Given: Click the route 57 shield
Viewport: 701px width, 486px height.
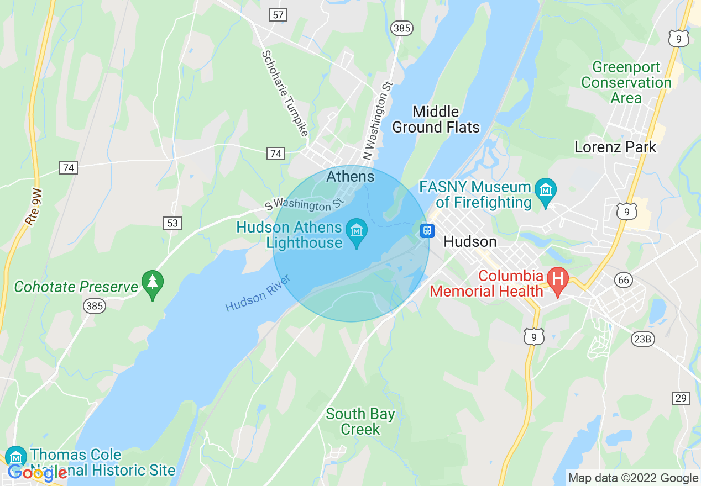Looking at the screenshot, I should click(x=278, y=15).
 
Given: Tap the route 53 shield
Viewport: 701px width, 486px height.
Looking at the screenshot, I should click(x=172, y=223).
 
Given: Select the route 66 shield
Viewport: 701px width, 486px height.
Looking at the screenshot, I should click(x=624, y=280).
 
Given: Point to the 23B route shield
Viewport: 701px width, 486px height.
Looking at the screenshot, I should click(x=642, y=339).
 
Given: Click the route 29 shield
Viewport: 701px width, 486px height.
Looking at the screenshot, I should click(x=681, y=398).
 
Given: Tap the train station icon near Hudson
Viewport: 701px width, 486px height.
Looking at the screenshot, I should click(x=426, y=230).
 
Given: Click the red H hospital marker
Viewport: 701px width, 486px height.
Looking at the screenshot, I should click(x=558, y=278).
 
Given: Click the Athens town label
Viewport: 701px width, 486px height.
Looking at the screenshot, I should click(x=350, y=176).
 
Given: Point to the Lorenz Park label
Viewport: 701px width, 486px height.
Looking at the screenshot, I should click(x=615, y=147).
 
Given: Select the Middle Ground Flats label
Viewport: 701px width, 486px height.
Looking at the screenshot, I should click(x=436, y=119).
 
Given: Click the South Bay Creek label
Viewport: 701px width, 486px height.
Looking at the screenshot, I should click(x=360, y=421).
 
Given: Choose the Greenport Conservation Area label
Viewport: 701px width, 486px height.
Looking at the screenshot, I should click(x=626, y=83).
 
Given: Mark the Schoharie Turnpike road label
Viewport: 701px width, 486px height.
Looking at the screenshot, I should click(x=284, y=93).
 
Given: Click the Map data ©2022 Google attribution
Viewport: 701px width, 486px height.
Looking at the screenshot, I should click(x=633, y=478).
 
